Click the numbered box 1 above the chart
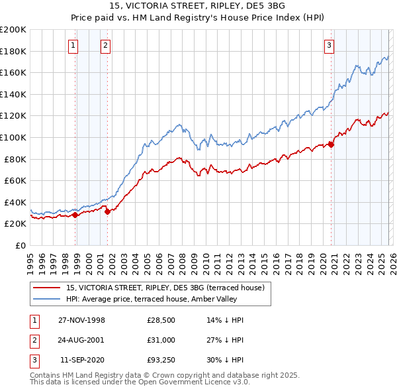pyautogui.click(x=73, y=46)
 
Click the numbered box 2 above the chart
pyautogui.click(x=105, y=46)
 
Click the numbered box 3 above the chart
pyautogui.click(x=329, y=46)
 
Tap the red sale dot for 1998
pyautogui.click(x=75, y=215)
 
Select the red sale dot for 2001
pyautogui.click(x=107, y=212)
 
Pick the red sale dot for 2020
pyautogui.click(x=331, y=145)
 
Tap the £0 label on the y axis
pyautogui.click(x=20, y=245)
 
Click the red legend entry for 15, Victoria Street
pyautogui.click(x=165, y=288)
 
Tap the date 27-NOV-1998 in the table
pyautogui.click(x=82, y=320)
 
